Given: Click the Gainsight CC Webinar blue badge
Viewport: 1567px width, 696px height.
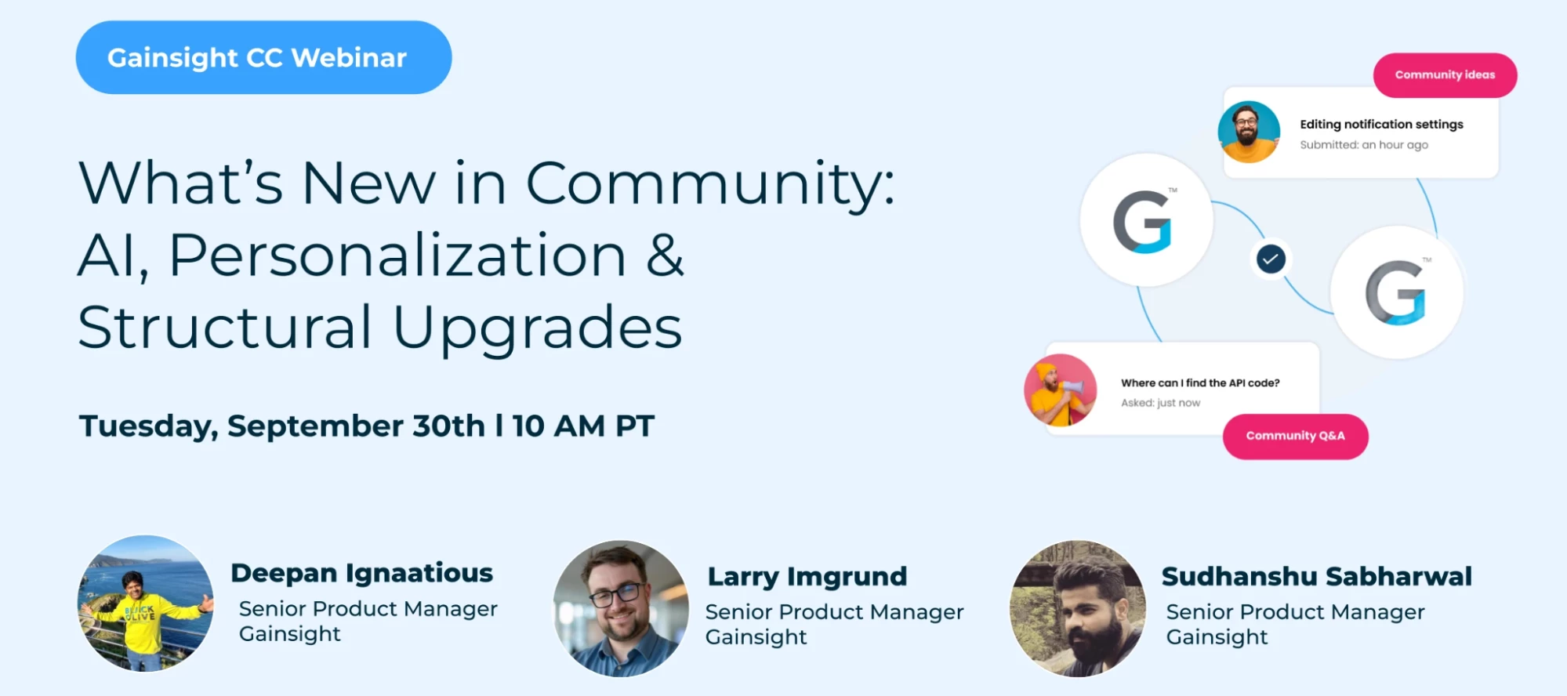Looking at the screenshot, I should click(263, 57).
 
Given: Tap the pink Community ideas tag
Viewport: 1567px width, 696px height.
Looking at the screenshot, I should click(1445, 75).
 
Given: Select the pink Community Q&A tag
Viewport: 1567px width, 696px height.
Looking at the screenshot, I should click(1295, 436).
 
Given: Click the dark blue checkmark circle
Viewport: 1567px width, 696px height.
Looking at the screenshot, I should click(1271, 259).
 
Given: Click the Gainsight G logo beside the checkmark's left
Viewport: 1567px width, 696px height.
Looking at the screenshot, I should click(1145, 220).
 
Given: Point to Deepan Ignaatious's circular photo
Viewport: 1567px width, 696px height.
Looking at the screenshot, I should click(146, 603).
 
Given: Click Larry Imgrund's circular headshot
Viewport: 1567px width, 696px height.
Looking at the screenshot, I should click(621, 607).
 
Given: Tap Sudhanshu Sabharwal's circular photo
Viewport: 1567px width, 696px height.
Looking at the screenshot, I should click(1078, 607).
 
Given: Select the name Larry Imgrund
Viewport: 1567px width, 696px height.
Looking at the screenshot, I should click(807, 577).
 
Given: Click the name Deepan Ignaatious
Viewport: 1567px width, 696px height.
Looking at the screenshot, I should click(361, 573).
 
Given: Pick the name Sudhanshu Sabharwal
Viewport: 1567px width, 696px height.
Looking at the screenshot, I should click(1316, 577).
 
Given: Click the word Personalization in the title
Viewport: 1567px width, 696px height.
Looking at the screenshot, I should click(397, 256).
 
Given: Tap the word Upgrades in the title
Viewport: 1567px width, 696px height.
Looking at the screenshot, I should click(537, 328).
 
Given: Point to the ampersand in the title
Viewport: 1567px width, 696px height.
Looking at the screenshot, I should click(665, 256).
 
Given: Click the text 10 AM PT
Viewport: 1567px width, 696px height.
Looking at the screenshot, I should click(583, 426).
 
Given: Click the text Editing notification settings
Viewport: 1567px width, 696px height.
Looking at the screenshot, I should click(1381, 125).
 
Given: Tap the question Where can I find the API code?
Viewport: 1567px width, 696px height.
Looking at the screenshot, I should click(1199, 383).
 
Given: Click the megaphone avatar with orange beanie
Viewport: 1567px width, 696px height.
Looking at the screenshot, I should click(1060, 390).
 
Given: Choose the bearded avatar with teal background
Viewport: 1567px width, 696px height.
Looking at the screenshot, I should click(1249, 132).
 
